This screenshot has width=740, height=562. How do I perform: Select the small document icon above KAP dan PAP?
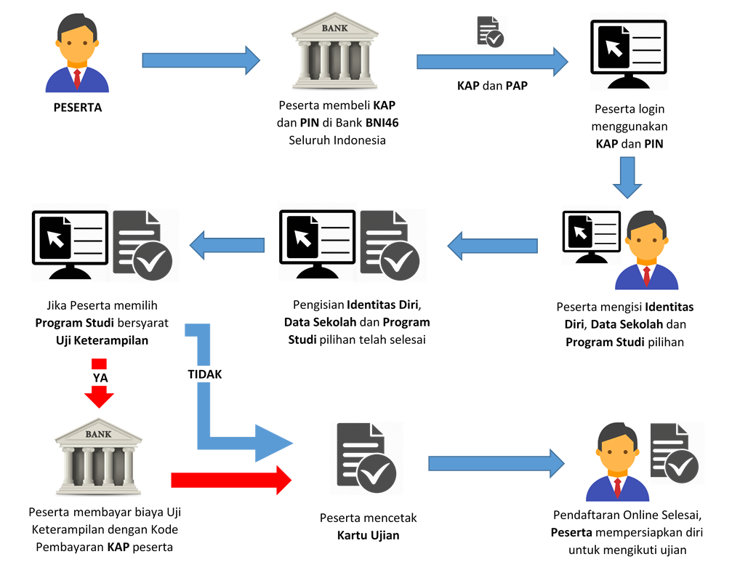pos(489,31)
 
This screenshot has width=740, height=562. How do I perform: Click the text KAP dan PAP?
pos(492,86)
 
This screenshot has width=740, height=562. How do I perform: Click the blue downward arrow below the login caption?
pos(627,179)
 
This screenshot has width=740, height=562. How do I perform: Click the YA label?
pos(100,377)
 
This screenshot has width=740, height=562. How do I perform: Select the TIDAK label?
pos(204,374)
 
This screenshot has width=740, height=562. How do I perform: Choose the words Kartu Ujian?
pos(368,536)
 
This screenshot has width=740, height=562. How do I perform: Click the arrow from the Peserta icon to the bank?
pos(201,60)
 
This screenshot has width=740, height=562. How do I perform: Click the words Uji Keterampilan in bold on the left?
pos(102,340)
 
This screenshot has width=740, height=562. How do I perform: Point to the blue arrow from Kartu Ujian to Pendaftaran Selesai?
pos(496,463)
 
